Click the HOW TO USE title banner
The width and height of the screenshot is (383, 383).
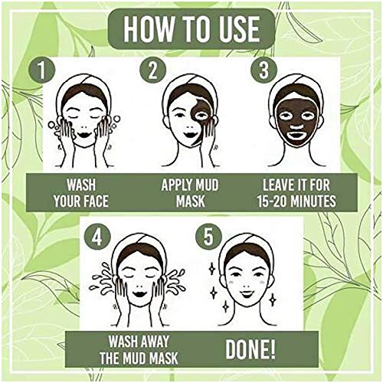pos(191,29)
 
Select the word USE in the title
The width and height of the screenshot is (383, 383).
pos(236,29)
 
